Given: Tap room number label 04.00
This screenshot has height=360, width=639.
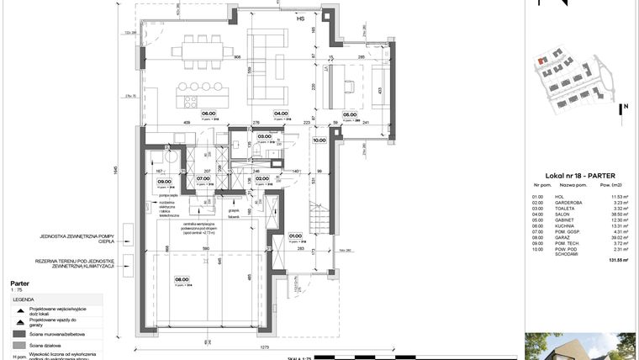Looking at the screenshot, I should pyautogui.click(x=282, y=114).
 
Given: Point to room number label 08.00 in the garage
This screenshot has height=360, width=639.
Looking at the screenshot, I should pyautogui.click(x=182, y=281).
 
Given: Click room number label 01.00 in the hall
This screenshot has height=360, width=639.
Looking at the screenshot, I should pyautogui.click(x=295, y=236).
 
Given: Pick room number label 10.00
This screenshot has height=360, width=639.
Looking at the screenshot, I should pyautogui.click(x=319, y=141).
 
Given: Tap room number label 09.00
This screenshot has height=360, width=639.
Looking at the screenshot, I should pyautogui.click(x=165, y=178).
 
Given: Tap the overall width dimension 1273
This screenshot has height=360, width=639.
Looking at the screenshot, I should pyautogui.click(x=263, y=345).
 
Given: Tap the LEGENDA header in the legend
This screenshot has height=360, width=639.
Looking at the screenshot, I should pyautogui.click(x=23, y=299).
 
